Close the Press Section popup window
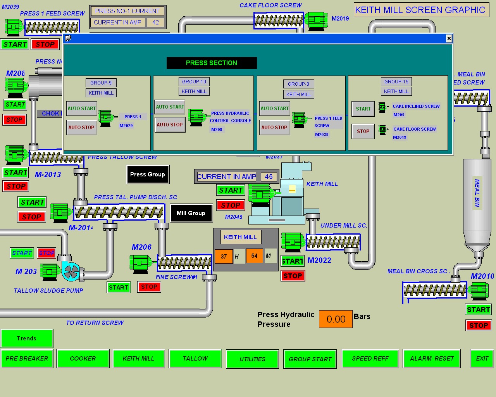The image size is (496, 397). click(x=449, y=38)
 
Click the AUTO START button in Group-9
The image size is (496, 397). click(x=81, y=109)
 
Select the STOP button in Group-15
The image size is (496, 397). click(x=363, y=131)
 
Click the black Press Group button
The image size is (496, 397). click(x=148, y=174)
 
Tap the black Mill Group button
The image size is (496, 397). click(x=191, y=213)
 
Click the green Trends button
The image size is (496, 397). click(x=27, y=338)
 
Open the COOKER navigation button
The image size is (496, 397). click(x=83, y=359)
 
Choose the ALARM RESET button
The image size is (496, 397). click(x=432, y=359)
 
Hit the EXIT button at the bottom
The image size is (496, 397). click(x=482, y=359)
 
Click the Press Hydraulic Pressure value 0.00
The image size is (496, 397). click(x=336, y=319)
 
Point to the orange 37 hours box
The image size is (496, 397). click(x=224, y=256)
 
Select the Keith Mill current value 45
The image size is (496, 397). click(x=269, y=177)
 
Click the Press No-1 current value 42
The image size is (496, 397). click(x=155, y=22)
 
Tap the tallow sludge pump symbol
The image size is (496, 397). click(x=71, y=271)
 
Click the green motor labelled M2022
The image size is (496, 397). click(x=293, y=242)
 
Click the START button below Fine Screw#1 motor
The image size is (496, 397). click(x=119, y=287)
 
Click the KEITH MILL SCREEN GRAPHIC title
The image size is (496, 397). click(x=420, y=10)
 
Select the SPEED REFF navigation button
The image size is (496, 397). click(x=370, y=359)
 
